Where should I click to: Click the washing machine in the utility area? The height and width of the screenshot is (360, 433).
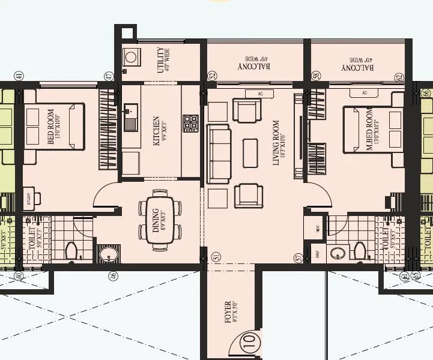(130, 58)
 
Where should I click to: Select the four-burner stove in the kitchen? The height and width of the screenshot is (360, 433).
(191, 122)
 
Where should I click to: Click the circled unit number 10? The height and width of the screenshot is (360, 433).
(250, 345)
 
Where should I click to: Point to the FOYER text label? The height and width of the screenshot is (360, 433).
(228, 312)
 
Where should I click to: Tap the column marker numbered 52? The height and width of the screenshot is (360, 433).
(211, 76)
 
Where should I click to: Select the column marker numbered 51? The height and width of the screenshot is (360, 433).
(216, 257)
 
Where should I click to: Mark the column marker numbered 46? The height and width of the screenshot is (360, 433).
(112, 275)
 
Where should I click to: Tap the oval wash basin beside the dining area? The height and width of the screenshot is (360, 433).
(109, 254)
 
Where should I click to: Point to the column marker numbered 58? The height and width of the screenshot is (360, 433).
(316, 76)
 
